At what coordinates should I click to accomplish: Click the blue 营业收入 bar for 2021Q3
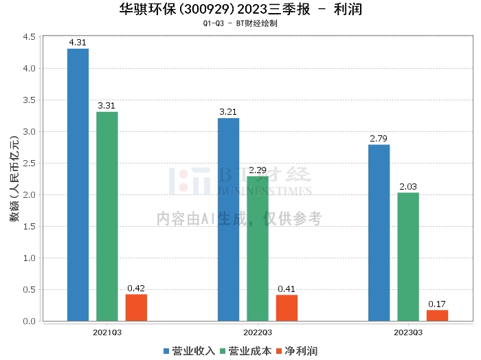click(x=78, y=185)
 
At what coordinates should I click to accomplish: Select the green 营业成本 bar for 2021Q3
click(x=107, y=216)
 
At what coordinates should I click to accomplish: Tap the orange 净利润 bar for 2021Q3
click(x=136, y=308)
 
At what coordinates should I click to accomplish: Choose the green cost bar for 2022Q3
click(x=258, y=249)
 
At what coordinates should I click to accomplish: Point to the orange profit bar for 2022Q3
click(x=287, y=308)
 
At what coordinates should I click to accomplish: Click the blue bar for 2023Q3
click(x=379, y=233)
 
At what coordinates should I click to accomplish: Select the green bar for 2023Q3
click(x=408, y=257)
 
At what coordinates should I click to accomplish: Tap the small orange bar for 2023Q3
click(x=437, y=315)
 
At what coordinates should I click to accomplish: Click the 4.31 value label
click(x=78, y=43)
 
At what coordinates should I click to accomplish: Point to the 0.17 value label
click(x=437, y=304)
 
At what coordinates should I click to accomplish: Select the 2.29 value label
click(x=258, y=170)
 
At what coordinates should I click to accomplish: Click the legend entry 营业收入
click(x=189, y=350)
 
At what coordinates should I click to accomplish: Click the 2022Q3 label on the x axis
click(x=258, y=333)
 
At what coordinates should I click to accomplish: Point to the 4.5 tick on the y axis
click(x=28, y=37)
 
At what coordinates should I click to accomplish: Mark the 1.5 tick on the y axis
click(x=28, y=227)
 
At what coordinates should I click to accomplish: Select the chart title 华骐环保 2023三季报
click(x=240, y=10)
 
